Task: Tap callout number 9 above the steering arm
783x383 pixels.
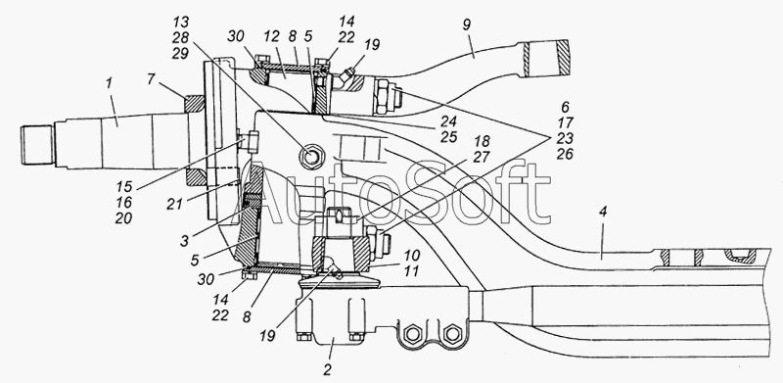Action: tap(466, 25)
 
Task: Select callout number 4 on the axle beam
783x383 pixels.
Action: tap(603, 212)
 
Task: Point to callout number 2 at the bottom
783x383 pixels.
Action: tap(328, 370)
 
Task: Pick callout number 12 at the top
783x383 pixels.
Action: tap(272, 37)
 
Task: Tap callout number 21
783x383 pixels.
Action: tap(175, 204)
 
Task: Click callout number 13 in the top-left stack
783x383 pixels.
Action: tap(180, 22)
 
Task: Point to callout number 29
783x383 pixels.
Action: tap(180, 54)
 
